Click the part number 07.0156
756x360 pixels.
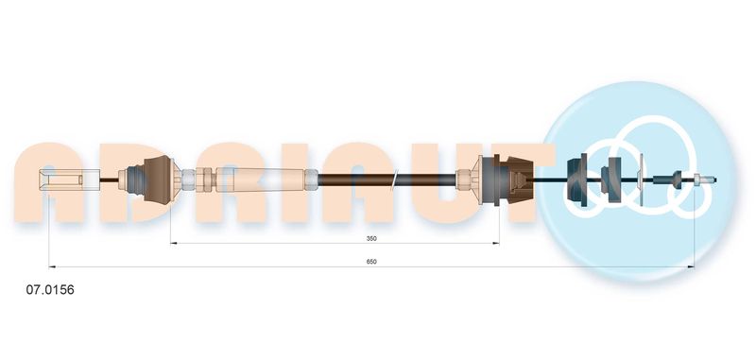click(50, 290)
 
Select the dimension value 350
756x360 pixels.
click(371, 238)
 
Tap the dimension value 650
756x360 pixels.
click(371, 262)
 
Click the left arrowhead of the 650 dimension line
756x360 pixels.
click(52, 266)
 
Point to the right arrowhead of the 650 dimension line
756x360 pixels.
click(691, 266)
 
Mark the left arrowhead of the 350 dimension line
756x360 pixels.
click(174, 243)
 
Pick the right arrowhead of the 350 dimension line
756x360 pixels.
click(495, 243)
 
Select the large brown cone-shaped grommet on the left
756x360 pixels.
click(158, 180)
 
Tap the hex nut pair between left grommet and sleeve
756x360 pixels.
click(204, 180)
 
